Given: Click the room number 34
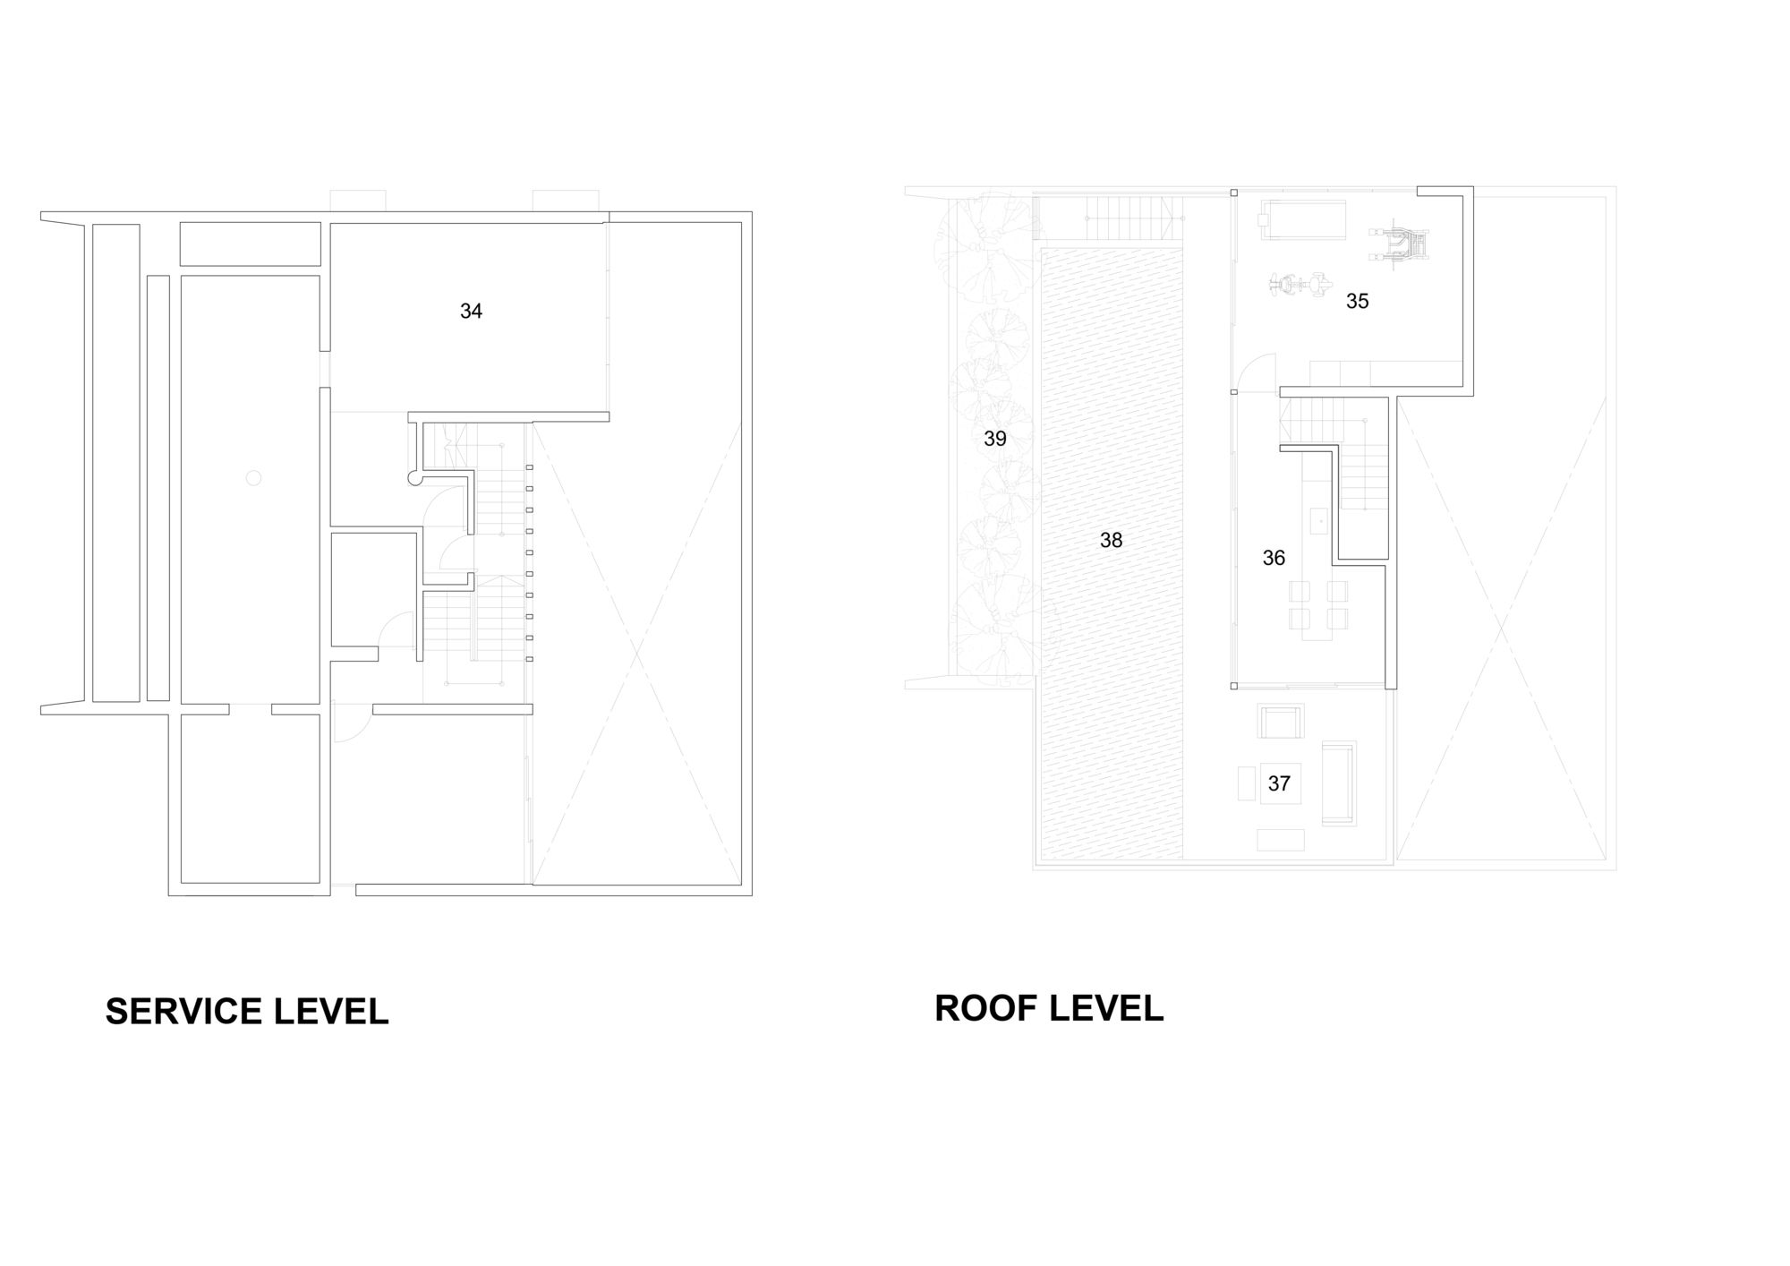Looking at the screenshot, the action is coord(471,311).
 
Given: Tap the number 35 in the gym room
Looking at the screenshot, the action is coord(1357,301).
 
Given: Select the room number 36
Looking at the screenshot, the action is coord(1274,558).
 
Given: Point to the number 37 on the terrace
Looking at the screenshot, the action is coord(1279,783).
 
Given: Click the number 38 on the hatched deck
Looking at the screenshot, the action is coord(1111,540).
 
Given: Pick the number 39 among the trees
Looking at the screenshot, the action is coord(995,439).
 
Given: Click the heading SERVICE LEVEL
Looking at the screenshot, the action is coord(247,1011).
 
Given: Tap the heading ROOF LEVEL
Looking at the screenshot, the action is coord(1049,1008).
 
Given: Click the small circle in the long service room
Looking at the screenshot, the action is coord(253,478).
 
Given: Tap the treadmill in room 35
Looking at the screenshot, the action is coord(1302,220).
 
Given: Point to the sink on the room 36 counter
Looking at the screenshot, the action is coord(1320,520).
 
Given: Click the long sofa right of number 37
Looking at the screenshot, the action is coord(1339,783).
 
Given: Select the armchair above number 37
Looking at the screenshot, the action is coord(1281,721).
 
